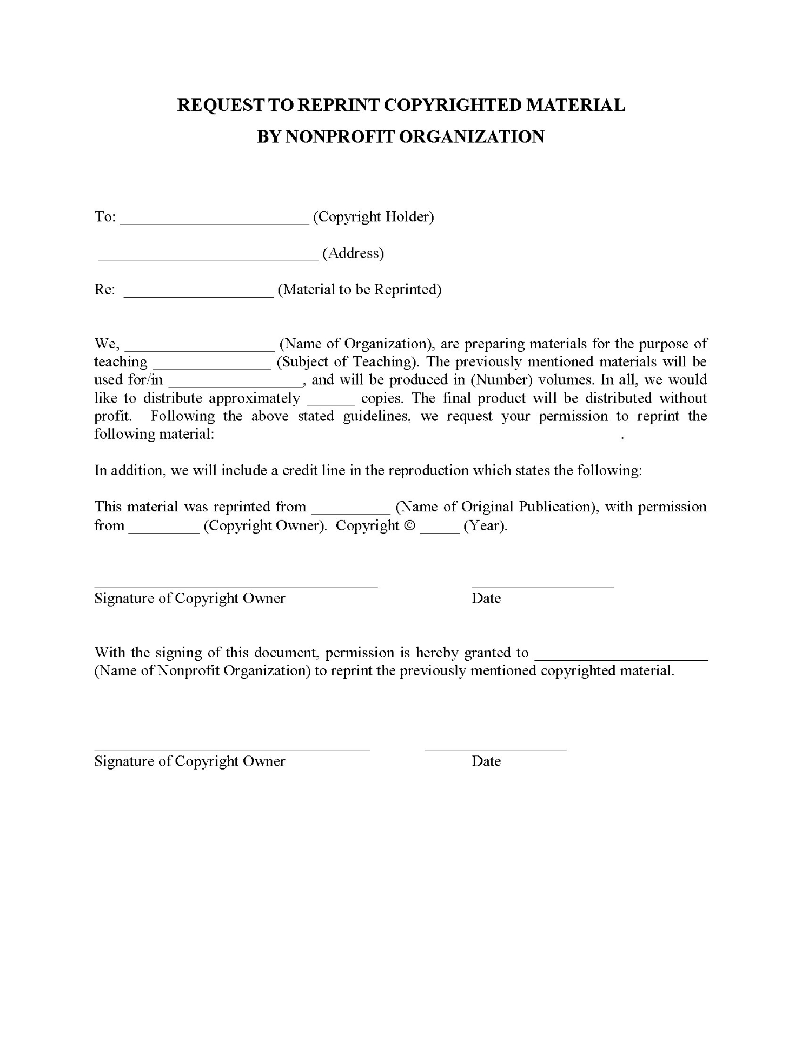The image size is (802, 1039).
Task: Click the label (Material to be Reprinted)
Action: (x=360, y=290)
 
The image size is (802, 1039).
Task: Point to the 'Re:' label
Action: (x=105, y=290)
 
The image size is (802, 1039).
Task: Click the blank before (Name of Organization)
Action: (x=200, y=347)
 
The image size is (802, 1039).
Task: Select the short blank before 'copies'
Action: (x=331, y=402)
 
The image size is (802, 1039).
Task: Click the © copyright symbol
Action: (x=410, y=526)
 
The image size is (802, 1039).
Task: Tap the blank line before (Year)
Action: (x=440, y=529)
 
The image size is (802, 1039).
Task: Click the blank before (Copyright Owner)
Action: (x=164, y=529)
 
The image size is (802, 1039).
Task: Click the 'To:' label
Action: (x=105, y=217)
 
